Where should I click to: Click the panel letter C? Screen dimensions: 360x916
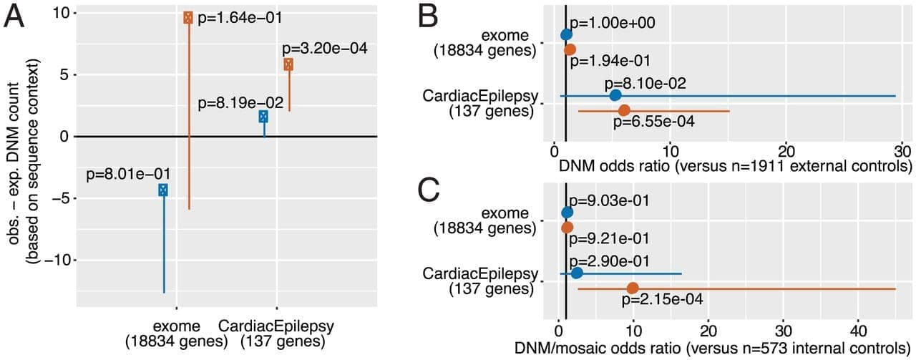pos(432,192)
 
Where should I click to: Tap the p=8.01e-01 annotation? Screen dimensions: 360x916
pos(128,173)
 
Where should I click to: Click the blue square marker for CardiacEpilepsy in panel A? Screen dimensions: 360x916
pos(263,116)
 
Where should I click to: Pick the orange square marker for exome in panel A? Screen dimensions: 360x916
pos(188,17)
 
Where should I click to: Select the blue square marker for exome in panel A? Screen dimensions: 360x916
pos(163,190)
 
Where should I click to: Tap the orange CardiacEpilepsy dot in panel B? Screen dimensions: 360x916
pos(624,110)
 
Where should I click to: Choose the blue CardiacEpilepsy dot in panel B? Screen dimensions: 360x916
pos(615,95)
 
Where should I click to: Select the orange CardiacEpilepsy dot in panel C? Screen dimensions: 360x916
pos(633,288)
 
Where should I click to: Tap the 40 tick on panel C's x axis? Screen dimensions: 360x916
pos(858,331)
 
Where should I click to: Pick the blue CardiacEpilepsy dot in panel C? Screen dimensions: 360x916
pos(577,273)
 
